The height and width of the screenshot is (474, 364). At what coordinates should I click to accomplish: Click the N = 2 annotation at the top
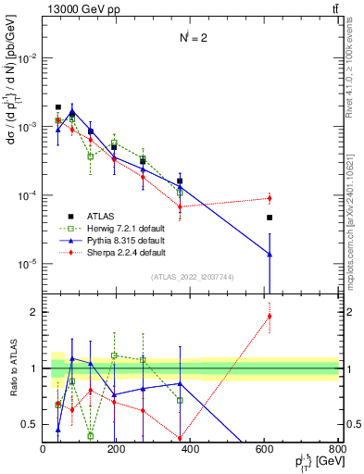click(x=192, y=39)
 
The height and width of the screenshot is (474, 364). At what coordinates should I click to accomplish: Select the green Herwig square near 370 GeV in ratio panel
click(x=180, y=400)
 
